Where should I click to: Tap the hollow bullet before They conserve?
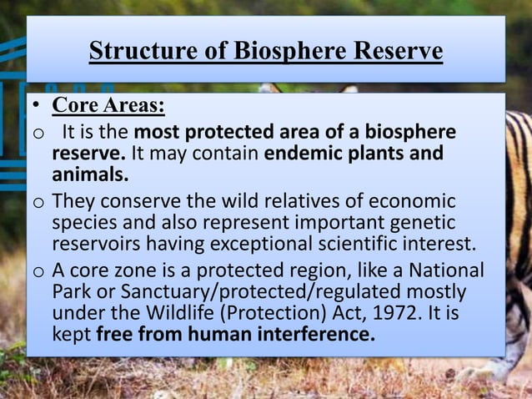click(x=38, y=203)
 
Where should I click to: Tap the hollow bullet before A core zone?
click(x=38, y=272)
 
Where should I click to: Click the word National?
click(x=441, y=271)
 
